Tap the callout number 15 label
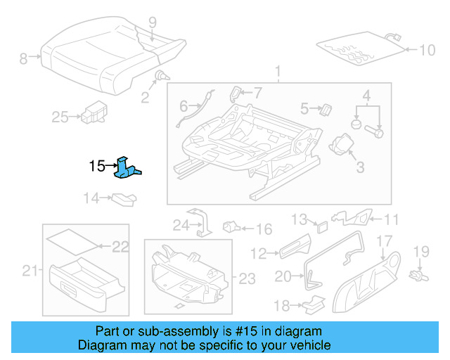[x=96, y=167]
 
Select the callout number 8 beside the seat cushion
[x=23, y=59]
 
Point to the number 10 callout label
[x=427, y=50]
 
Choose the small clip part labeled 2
[x=162, y=77]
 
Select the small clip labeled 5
[x=326, y=109]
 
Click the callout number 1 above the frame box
[x=277, y=72]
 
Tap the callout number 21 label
[x=29, y=271]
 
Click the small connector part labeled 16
[x=231, y=228]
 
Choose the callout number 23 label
[x=247, y=279]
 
